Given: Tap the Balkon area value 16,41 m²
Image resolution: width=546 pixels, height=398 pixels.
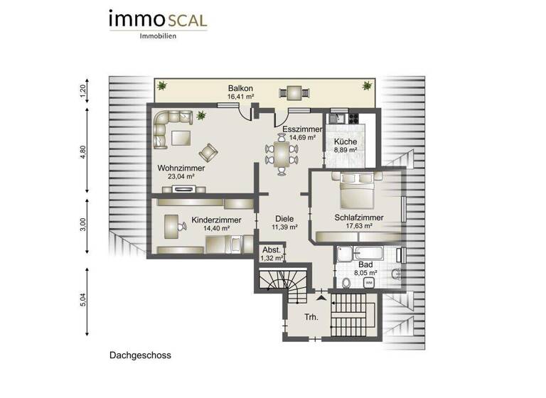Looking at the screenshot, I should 242,97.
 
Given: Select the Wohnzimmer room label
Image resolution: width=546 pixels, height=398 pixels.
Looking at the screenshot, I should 181,168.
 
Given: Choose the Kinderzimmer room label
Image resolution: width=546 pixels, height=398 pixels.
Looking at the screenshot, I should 216,220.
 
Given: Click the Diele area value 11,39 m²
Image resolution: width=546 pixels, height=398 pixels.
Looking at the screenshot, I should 284,227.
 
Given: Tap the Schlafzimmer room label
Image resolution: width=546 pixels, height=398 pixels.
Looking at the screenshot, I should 359,217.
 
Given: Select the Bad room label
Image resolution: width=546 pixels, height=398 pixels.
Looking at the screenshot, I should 365,263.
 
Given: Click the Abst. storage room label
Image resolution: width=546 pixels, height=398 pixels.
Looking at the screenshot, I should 271,250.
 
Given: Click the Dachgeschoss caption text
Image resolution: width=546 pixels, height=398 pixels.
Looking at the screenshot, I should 140,354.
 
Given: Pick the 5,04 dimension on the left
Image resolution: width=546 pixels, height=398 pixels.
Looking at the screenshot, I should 82,301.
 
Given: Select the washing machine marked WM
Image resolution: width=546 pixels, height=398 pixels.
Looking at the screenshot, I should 368,283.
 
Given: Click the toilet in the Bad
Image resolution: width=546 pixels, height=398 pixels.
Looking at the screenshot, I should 346,283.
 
